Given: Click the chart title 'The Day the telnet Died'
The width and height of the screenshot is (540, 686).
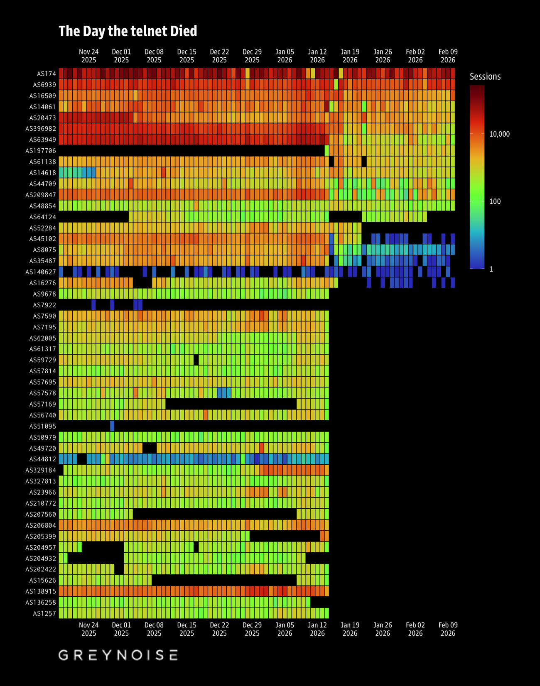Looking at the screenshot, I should pyautogui.click(x=128, y=31).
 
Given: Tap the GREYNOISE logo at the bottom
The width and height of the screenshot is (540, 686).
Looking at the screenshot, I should pyautogui.click(x=118, y=655).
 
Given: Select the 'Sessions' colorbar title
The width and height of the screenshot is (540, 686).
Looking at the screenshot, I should pyautogui.click(x=485, y=76).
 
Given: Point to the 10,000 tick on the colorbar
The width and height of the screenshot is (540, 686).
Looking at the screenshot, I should pyautogui.click(x=499, y=134).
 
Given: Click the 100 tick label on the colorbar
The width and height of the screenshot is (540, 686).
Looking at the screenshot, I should pyautogui.click(x=495, y=201).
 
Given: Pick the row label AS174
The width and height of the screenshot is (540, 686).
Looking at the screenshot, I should pyautogui.click(x=46, y=73).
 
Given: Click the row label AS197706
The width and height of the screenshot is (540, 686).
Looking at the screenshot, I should pyautogui.click(x=41, y=151).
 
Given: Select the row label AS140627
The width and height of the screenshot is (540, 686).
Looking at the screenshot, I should pyautogui.click(x=41, y=272).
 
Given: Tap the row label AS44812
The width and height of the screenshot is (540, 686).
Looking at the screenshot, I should pyautogui.click(x=42, y=459).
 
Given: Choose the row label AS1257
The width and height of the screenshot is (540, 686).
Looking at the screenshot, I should pyautogui.click(x=44, y=613).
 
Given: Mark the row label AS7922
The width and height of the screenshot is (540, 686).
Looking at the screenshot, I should pyautogui.click(x=44, y=305).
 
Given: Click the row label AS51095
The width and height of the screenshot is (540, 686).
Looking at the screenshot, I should pyautogui.click(x=42, y=426).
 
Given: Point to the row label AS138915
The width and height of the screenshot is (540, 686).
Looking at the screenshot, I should pyautogui.click(x=41, y=591).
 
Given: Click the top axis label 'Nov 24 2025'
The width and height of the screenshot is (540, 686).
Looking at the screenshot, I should pyautogui.click(x=89, y=56).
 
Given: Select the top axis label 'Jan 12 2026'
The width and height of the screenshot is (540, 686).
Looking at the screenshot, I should pyautogui.click(x=317, y=56).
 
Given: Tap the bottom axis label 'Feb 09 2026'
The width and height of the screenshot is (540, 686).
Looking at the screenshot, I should pyautogui.click(x=448, y=629).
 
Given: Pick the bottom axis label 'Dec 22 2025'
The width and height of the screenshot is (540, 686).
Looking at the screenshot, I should pyautogui.click(x=219, y=629).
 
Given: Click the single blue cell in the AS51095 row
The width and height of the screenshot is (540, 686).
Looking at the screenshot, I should pyautogui.click(x=112, y=426).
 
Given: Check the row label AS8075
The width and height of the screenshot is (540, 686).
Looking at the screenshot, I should pyautogui.click(x=44, y=250).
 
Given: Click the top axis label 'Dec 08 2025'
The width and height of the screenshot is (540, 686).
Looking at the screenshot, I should pyautogui.click(x=154, y=56).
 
